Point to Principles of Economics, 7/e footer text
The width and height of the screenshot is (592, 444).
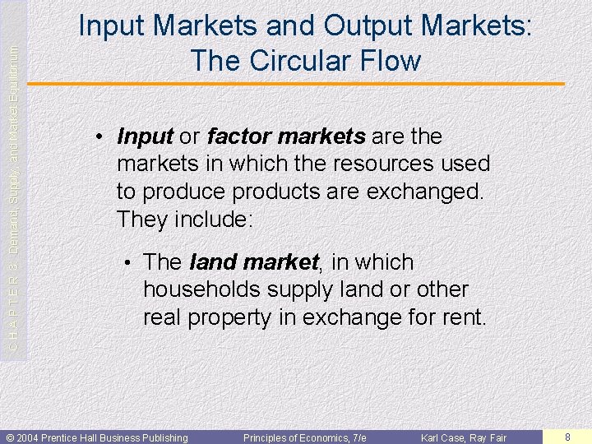[304, 437]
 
